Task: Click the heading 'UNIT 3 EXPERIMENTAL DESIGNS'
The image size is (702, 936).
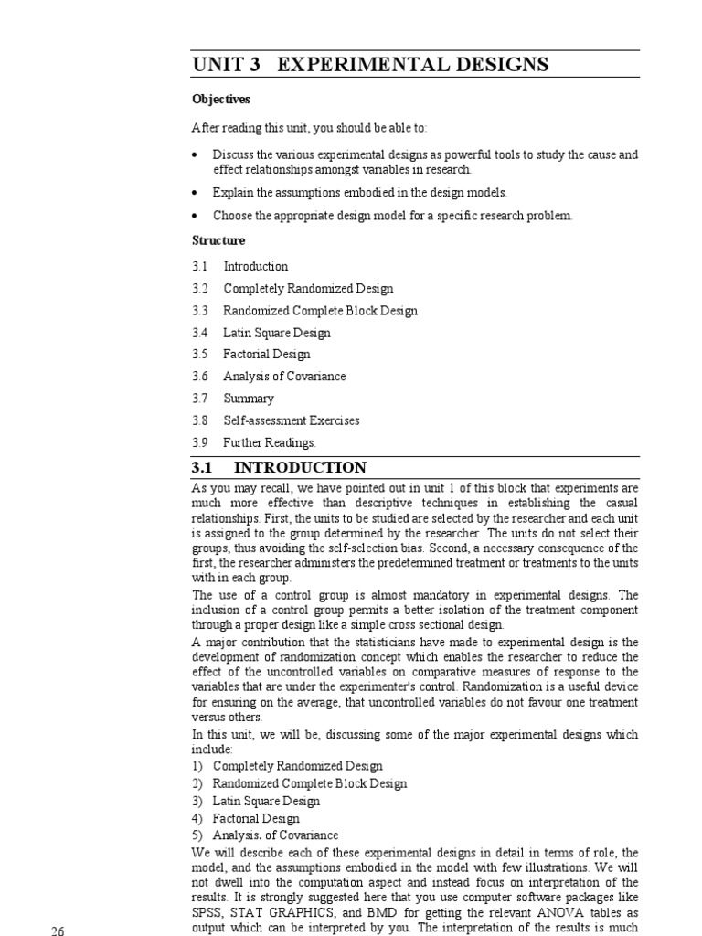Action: (x=370, y=65)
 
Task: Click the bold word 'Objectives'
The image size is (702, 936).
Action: (x=221, y=99)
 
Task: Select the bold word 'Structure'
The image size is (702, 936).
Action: (x=218, y=240)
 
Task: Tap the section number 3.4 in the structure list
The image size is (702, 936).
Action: (x=200, y=333)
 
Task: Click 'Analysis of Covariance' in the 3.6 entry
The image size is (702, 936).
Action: (x=284, y=377)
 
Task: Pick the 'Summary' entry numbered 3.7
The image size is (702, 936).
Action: (x=248, y=399)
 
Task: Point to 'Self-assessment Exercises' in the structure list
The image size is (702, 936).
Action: (x=291, y=420)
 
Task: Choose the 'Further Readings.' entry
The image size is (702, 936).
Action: (x=269, y=442)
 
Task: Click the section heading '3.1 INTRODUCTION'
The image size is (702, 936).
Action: (x=279, y=468)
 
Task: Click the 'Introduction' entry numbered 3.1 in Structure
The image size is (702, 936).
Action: (x=255, y=267)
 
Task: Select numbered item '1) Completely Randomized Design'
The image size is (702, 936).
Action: (x=287, y=766)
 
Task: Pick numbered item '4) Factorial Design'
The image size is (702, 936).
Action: (x=247, y=818)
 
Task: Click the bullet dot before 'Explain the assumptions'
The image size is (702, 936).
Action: (x=195, y=193)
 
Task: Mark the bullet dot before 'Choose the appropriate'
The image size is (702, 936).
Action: (x=195, y=216)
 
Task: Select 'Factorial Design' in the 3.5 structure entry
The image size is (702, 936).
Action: (x=266, y=355)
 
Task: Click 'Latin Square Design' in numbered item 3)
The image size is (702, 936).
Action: (x=266, y=801)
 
